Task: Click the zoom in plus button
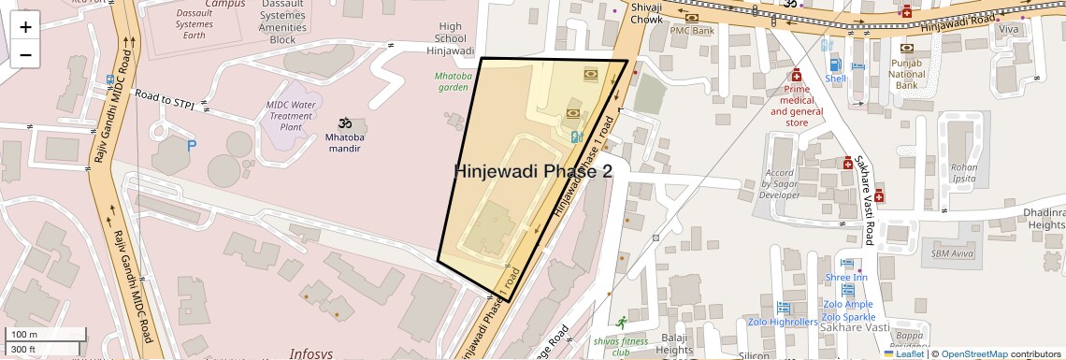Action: tap(25, 26)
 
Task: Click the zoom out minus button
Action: tap(25, 54)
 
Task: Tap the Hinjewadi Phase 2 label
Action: tap(533, 171)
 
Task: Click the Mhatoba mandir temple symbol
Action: tap(344, 123)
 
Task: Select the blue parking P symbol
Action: tap(193, 146)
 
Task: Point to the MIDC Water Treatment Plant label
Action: tap(291, 115)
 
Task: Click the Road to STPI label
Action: tap(165, 101)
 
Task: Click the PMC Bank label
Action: tap(692, 31)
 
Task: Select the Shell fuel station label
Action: tap(835, 79)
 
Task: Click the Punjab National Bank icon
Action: tap(906, 48)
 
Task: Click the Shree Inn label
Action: tap(846, 278)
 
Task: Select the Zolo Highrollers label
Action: tap(783, 323)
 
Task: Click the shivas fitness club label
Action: tap(621, 347)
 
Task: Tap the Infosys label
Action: tap(311, 353)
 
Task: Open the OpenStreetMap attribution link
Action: tap(974, 354)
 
